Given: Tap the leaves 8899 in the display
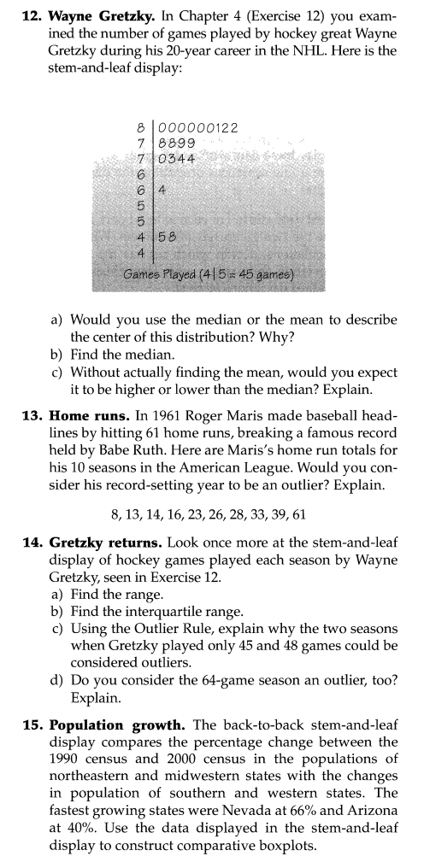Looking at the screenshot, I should (176, 143).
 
